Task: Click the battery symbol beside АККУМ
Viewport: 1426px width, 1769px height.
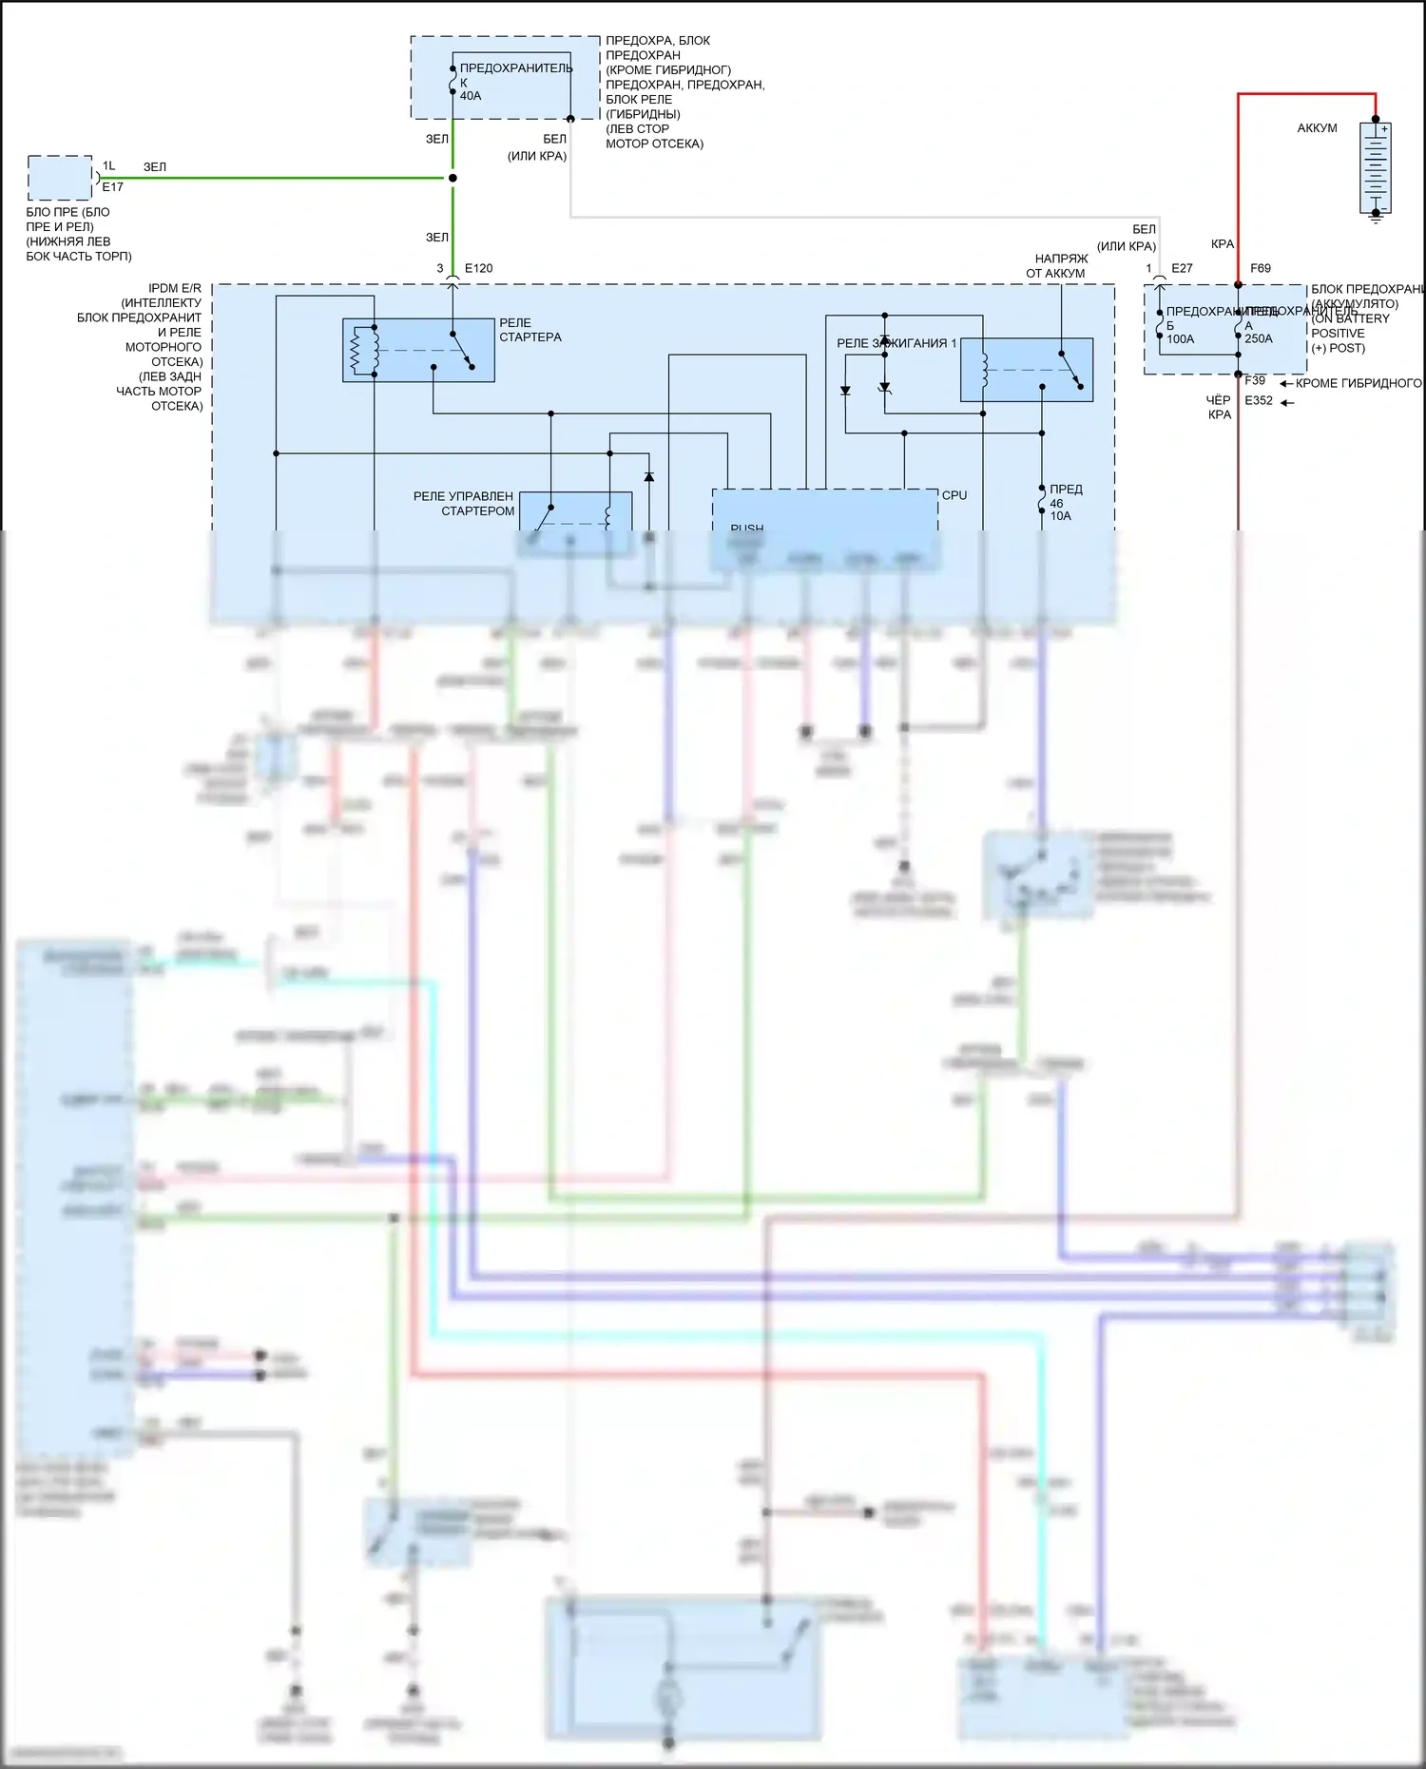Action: coord(1375,168)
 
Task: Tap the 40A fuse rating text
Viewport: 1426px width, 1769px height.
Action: coord(471,96)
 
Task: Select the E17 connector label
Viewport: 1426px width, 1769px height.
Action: coord(112,187)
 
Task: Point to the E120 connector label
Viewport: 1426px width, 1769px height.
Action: coord(478,269)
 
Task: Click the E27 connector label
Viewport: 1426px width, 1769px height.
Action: coord(1182,269)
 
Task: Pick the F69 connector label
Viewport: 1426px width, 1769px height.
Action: coord(1261,269)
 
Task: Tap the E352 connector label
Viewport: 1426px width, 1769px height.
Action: coord(1259,401)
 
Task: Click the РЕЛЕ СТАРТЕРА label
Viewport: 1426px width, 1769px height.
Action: coord(530,330)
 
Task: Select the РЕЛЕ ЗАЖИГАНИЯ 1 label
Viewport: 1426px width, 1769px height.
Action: coord(896,343)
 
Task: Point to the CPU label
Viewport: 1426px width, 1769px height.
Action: coord(954,495)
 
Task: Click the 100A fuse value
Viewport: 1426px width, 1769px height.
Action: coord(1181,339)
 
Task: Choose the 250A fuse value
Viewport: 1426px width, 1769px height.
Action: coord(1259,339)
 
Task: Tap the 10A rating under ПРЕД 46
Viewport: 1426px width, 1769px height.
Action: coord(1060,516)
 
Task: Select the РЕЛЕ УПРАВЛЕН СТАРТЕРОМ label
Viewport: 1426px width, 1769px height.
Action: coord(465,504)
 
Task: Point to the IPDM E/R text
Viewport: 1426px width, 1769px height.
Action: coord(175,288)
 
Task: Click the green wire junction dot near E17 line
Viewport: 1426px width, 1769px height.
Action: coord(453,178)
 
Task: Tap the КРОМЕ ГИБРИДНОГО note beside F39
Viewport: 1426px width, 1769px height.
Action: coord(1359,384)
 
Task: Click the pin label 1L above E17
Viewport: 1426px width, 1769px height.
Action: coord(109,166)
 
